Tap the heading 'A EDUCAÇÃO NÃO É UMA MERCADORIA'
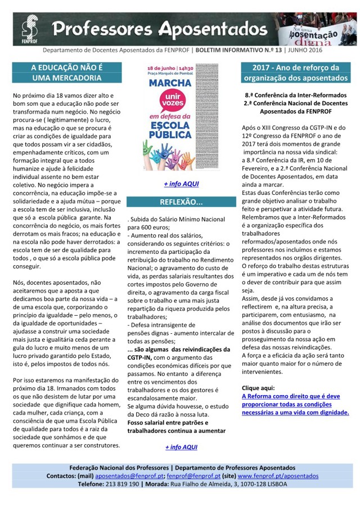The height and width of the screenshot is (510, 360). click(x=66, y=73)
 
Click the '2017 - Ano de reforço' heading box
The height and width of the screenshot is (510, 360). click(x=296, y=73)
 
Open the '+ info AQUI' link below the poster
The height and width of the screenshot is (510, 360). click(x=181, y=184)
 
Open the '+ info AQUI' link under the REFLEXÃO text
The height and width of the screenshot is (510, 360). click(x=181, y=447)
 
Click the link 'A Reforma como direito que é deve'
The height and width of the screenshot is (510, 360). click(x=290, y=396)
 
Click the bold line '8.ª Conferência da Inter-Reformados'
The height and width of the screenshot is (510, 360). click(x=296, y=96)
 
